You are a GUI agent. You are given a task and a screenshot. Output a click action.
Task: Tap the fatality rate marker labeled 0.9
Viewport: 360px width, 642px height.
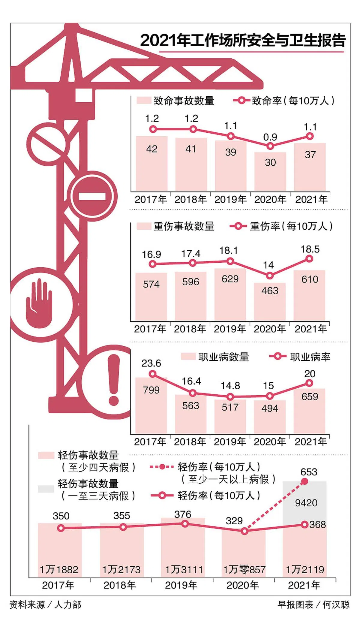click(270, 146)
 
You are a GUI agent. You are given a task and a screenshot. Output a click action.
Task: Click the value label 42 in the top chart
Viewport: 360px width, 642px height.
click(152, 149)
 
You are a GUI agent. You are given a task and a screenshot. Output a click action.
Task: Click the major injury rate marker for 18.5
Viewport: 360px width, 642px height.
click(309, 259)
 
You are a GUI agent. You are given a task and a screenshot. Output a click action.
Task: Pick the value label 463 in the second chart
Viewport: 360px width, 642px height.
click(270, 291)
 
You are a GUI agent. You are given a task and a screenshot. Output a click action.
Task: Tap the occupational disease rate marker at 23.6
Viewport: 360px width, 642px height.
click(152, 374)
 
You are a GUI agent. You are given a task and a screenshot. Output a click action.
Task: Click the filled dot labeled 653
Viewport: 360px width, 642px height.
click(304, 481)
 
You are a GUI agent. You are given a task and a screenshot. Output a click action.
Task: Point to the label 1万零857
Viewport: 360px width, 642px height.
click(244, 569)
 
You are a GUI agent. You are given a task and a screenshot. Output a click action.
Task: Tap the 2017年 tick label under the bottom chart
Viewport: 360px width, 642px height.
click(58, 585)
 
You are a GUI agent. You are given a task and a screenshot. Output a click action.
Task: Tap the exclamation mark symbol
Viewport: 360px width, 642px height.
click(114, 380)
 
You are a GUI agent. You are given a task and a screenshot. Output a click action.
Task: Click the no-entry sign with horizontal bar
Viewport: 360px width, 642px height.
click(92, 196)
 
